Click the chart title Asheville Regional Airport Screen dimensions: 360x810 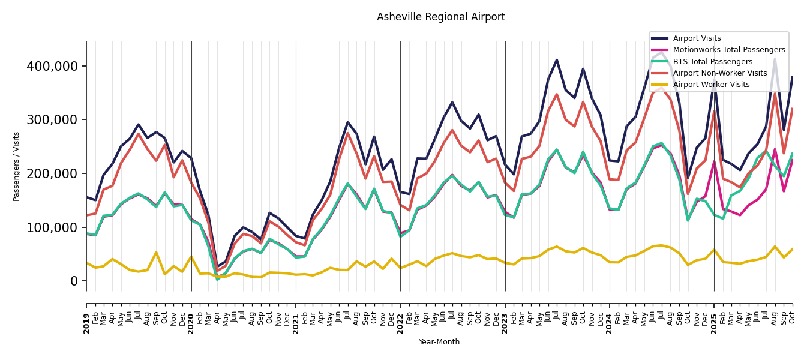441,17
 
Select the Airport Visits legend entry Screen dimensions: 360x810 697,38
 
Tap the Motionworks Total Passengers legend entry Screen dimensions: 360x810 729,50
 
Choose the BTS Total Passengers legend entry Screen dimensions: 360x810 712,62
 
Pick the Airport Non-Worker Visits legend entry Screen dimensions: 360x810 719,73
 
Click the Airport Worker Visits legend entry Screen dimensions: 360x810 711,85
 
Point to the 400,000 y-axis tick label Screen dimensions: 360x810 52,66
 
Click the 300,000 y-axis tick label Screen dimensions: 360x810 52,120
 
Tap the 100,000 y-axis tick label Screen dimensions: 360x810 52,227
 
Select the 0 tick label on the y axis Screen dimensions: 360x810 74,281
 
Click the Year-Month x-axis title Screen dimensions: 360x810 439,342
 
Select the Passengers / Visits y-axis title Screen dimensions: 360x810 17,166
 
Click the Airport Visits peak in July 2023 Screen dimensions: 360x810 557,60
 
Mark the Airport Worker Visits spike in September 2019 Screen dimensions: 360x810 156,253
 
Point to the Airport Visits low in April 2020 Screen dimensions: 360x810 217,266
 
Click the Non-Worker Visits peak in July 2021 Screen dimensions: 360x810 347,133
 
